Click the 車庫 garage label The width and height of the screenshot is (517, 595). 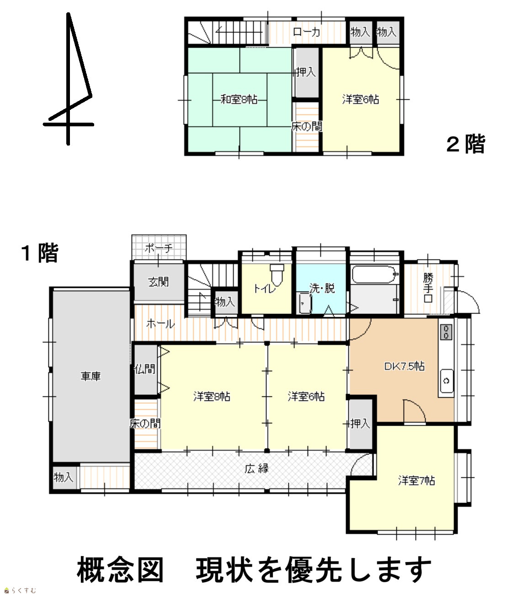[91, 376]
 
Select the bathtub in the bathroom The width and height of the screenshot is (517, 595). [374, 274]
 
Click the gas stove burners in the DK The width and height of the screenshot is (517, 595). [446, 332]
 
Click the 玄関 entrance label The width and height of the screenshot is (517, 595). [158, 282]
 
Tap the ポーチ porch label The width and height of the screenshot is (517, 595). [159, 248]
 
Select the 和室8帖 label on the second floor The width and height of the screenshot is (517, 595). [239, 99]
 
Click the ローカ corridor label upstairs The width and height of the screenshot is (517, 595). [306, 32]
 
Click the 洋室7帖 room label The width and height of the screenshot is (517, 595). [416, 481]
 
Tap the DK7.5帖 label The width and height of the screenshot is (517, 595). [404, 366]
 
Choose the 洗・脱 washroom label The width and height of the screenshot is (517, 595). [322, 288]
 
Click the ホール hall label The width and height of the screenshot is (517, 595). [160, 324]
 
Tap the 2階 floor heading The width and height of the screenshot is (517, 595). [466, 144]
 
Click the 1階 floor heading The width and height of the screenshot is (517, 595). [40, 253]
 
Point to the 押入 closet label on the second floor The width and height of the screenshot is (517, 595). [305, 71]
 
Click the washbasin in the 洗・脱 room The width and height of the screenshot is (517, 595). [305, 303]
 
